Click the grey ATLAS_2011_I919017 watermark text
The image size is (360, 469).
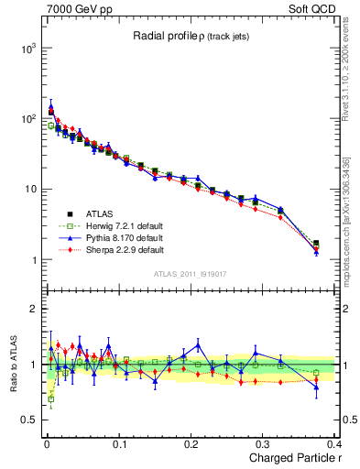point(188,272)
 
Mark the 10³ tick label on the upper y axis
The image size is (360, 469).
point(29,48)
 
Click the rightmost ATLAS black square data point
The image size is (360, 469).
point(316,244)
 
